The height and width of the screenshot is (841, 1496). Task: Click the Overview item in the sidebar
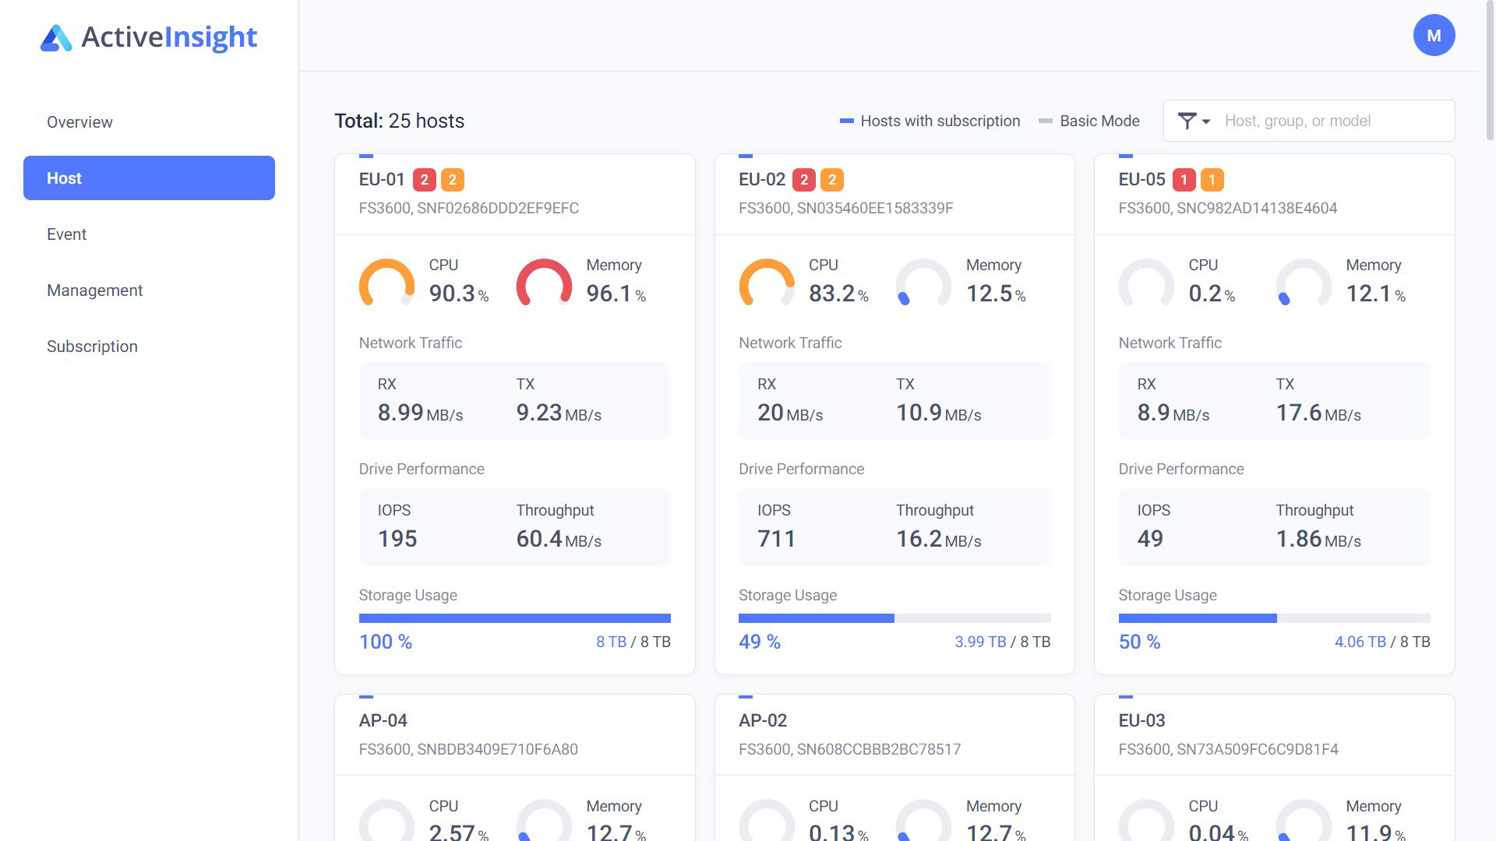coord(79,122)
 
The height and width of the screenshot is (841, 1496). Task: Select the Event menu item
coord(66,234)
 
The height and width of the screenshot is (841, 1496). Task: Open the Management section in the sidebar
coord(94,290)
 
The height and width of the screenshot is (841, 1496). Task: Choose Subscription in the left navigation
coord(92,347)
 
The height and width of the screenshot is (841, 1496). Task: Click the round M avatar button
coord(1434,35)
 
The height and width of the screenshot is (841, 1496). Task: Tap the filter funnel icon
coord(1187,121)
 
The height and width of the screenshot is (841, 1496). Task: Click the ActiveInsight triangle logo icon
coord(56,37)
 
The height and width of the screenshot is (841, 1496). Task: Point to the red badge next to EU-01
coord(424,180)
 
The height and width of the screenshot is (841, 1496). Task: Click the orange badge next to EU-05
coord(1212,180)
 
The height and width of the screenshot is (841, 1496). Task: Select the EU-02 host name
coord(761,180)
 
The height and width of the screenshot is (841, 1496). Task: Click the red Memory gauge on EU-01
coord(544,282)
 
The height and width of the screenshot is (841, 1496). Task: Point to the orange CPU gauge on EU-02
coord(767,282)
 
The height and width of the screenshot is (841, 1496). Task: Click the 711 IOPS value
coord(776,538)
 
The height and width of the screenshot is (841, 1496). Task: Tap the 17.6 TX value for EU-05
coord(1298,413)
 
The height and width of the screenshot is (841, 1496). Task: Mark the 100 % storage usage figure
coord(385,642)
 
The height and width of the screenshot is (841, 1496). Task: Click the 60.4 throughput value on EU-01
coord(539,538)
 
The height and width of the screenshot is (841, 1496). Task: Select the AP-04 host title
coord(383,720)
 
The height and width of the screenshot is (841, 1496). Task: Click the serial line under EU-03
coord(1228,749)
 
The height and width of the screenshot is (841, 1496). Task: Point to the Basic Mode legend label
coord(1099,121)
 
